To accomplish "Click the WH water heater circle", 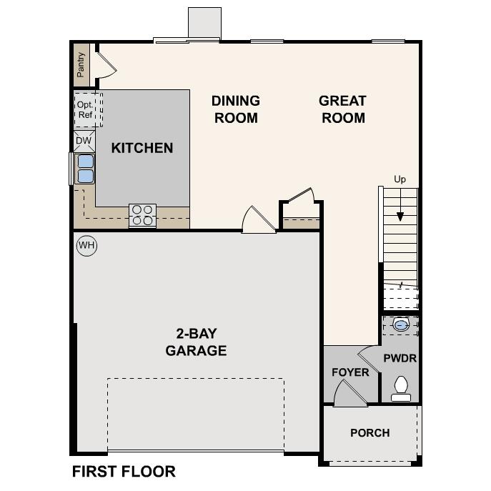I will [x=86, y=246].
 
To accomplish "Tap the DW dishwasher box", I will [x=84, y=141].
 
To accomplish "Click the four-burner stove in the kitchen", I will [x=142, y=215].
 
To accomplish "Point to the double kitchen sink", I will [x=85, y=169].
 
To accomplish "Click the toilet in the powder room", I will [x=401, y=387].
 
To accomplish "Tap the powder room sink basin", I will [x=402, y=325].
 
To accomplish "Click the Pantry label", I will [x=81, y=65].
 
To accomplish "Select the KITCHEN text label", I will [x=142, y=148].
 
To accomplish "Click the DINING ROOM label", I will [x=235, y=109].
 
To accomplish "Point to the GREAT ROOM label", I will [x=342, y=109].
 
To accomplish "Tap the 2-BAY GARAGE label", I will [x=196, y=342].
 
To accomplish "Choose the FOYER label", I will [x=350, y=372].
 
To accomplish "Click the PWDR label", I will [x=400, y=358].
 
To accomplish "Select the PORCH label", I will [x=370, y=432].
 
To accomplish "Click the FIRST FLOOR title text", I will [x=124, y=472].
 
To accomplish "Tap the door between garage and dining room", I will [x=257, y=221].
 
